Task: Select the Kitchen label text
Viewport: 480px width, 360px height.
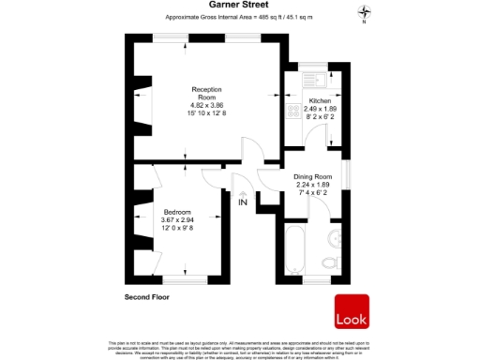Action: (x=321, y=99)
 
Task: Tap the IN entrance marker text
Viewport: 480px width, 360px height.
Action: (x=242, y=202)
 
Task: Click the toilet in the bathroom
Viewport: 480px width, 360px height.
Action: (x=329, y=262)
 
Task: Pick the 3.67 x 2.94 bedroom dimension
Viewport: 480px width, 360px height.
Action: (x=176, y=220)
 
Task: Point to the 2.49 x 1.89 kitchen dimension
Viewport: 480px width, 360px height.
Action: (x=321, y=108)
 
